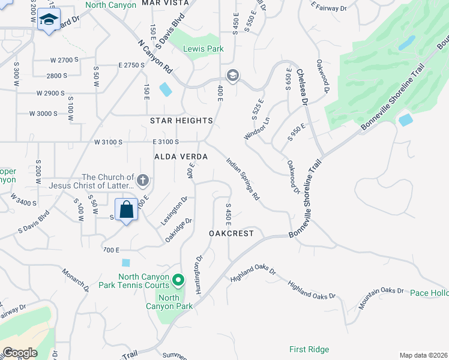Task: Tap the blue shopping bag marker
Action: point(126,211)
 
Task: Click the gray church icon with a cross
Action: point(143,180)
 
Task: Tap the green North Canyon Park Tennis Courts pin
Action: point(178,280)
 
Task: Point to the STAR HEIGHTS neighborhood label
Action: point(181,121)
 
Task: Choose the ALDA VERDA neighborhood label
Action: point(181,157)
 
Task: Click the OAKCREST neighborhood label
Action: point(232,233)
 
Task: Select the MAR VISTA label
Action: point(165,3)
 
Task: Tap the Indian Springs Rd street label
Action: point(243,179)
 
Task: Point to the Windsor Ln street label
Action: point(256,128)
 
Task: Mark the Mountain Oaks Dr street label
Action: point(382,297)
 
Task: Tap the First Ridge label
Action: point(309,349)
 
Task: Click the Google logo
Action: point(20,352)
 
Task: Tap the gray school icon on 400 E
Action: point(233,75)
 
